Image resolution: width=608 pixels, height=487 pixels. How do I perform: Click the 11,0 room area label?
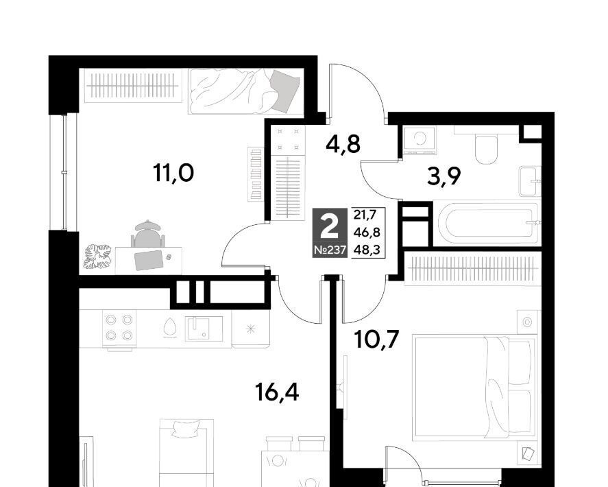point(173,173)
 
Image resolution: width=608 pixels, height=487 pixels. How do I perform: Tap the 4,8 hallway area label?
point(343,144)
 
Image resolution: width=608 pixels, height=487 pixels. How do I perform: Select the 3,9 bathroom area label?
point(443,177)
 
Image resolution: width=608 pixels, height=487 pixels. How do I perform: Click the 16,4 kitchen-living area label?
point(277,392)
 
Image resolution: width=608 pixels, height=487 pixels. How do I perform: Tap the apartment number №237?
point(330,250)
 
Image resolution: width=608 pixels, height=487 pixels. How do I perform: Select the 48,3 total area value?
point(367,250)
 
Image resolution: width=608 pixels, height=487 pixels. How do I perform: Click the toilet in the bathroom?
point(486,149)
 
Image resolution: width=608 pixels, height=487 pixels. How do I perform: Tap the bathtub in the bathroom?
point(489,223)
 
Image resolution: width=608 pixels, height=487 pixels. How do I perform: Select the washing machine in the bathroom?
point(419,139)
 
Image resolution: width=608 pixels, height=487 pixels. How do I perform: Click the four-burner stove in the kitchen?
point(119,328)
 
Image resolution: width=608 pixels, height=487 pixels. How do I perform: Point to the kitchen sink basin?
point(204,329)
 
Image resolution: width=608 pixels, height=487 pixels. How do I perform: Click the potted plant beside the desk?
point(97,256)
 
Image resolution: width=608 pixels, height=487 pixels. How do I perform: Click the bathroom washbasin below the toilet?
point(530,181)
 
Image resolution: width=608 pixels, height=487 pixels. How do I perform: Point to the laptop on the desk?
point(149,259)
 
